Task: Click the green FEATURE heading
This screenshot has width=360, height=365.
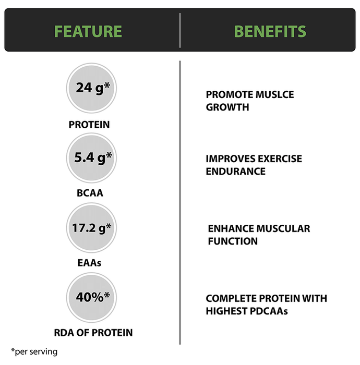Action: pyautogui.click(x=88, y=31)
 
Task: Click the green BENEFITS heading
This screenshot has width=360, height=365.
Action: pyautogui.click(x=270, y=31)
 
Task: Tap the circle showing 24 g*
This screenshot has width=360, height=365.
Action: pyautogui.click(x=91, y=88)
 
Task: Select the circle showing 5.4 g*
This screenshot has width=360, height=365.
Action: pyautogui.click(x=91, y=158)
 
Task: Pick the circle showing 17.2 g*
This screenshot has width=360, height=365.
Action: pyautogui.click(x=91, y=228)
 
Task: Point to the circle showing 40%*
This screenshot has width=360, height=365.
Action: pyautogui.click(x=91, y=298)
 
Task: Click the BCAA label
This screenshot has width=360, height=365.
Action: pyautogui.click(x=90, y=193)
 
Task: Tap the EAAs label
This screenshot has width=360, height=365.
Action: pyautogui.click(x=89, y=263)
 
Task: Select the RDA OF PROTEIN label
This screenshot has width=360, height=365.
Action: pyautogui.click(x=93, y=333)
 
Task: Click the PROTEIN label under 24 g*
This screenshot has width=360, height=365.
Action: pyautogui.click(x=89, y=125)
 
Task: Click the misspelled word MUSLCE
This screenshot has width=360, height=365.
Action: pyautogui.click(x=275, y=95)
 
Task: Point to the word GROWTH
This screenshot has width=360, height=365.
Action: pyautogui.click(x=227, y=107)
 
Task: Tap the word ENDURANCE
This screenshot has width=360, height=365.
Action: pyautogui.click(x=236, y=172)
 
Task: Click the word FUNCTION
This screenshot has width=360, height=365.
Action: pyautogui.click(x=233, y=241)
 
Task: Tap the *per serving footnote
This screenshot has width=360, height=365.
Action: pyautogui.click(x=34, y=352)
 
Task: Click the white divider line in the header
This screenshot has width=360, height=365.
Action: pyautogui.click(x=180, y=30)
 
